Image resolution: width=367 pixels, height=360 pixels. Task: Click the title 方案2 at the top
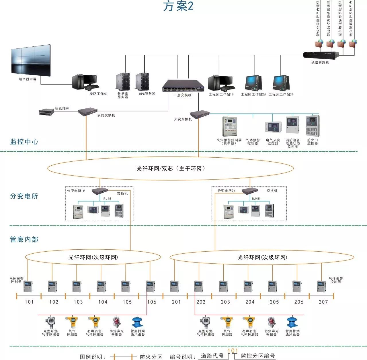click(178, 6)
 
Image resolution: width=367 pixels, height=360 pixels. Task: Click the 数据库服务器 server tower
click(123, 82)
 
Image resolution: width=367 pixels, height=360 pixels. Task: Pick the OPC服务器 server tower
click(142, 82)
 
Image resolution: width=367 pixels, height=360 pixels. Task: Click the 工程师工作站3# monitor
click(281, 83)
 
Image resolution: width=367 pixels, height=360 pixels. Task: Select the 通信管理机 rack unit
click(321, 55)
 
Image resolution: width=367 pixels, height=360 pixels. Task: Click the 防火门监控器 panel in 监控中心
click(312, 126)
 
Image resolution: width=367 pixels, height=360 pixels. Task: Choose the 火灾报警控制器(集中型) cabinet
click(230, 126)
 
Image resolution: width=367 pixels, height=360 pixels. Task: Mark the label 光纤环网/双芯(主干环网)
click(171, 169)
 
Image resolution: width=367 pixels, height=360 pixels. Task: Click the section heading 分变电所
click(24, 196)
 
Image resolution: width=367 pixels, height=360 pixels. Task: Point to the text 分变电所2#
click(226, 191)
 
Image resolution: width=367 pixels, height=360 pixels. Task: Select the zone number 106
click(152, 302)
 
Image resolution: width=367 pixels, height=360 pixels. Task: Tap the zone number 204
click(250, 302)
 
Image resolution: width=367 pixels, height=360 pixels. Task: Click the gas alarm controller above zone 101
click(28, 287)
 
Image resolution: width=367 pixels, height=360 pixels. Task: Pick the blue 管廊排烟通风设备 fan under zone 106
click(137, 322)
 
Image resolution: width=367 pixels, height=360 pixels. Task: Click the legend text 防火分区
click(151, 357)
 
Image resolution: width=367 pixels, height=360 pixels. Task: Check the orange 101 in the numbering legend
click(233, 351)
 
